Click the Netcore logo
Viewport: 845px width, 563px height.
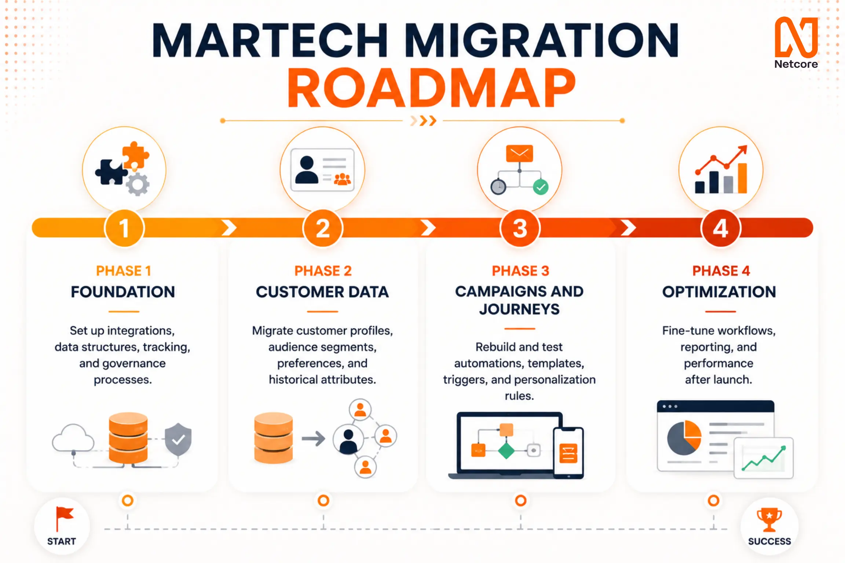tap(796, 43)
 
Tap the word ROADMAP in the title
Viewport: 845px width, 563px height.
tap(431, 88)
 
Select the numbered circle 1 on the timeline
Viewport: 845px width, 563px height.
tap(124, 228)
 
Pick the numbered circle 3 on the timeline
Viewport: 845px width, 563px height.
tap(520, 228)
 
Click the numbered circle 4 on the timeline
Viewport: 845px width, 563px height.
tap(720, 228)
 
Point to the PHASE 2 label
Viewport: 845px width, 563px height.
tap(323, 271)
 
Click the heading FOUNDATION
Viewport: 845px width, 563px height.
tap(123, 292)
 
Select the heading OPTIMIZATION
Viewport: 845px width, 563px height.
tap(719, 292)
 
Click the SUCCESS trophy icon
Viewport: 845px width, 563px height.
tap(769, 519)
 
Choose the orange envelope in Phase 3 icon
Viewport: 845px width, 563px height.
tap(519, 153)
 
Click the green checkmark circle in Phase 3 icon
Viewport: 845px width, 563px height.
tap(541, 187)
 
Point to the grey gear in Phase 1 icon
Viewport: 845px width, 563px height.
tap(138, 184)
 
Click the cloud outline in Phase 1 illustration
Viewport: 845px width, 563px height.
tap(73, 438)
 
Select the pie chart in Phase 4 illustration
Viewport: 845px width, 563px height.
tap(684, 438)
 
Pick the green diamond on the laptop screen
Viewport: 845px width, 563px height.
tap(506, 450)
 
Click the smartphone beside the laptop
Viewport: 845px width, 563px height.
tap(568, 453)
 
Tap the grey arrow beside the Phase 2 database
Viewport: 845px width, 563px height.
tap(314, 438)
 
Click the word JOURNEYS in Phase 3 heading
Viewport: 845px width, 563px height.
tap(519, 309)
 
